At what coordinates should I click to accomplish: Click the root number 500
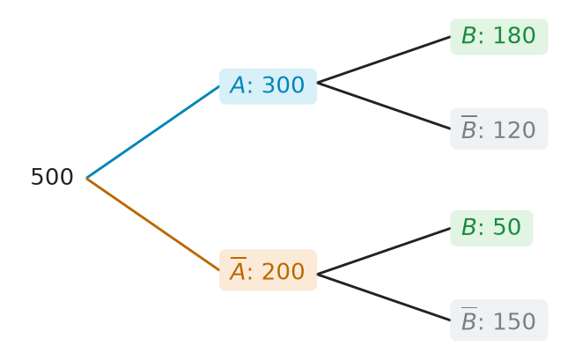pos(52,177)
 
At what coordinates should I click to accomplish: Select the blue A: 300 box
pos(268,86)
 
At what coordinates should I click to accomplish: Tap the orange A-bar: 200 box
pos(268,270)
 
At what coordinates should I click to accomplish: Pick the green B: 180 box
pos(499,36)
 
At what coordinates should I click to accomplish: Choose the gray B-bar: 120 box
pos(499,129)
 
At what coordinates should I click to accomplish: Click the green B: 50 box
pos(491,228)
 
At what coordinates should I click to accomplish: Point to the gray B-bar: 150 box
pos(499,320)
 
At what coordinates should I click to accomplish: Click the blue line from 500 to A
pos(152,132)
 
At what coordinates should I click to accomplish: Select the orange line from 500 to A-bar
pos(152,224)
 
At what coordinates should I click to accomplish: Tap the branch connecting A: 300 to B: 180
pos(384,60)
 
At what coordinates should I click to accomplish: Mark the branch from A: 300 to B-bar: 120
pos(384,106)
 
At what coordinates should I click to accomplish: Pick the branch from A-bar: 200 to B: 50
pos(384,251)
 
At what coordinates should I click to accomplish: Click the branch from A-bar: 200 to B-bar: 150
pos(384,298)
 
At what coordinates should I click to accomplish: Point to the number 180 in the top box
pos(514,35)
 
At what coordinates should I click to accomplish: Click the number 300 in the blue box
pos(283,85)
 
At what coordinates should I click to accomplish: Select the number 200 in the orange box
pos(283,271)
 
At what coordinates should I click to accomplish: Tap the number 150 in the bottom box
pos(514,321)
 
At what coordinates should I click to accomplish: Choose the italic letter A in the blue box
pos(238,85)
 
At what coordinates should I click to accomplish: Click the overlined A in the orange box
pos(238,268)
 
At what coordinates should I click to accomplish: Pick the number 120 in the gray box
pos(514,129)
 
